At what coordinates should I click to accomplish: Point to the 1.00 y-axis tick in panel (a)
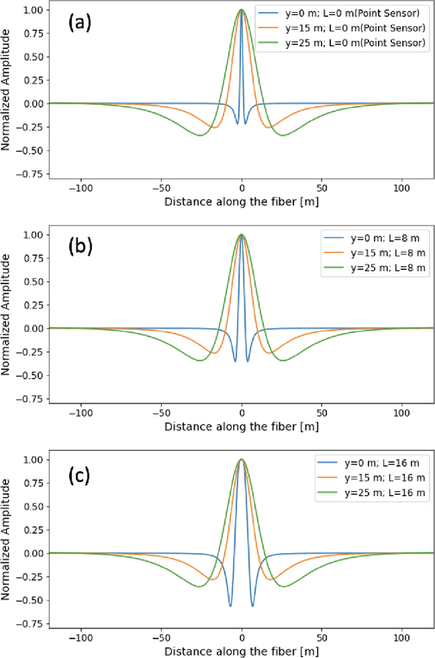(34, 11)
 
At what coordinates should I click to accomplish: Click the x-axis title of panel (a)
(242, 201)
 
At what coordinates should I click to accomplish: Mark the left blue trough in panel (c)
(230, 606)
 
